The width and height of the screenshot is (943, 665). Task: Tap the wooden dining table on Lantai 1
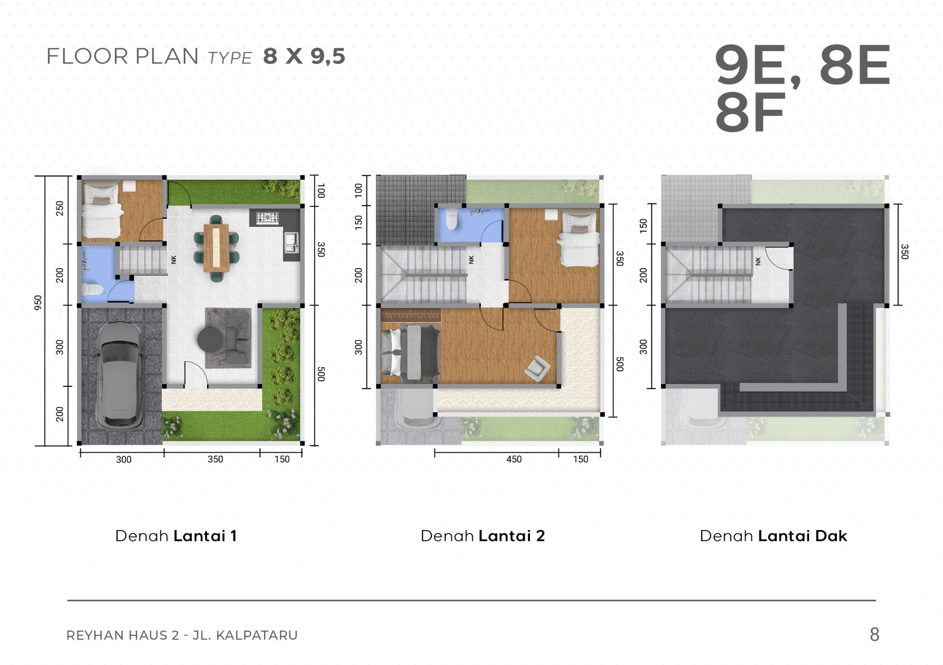216,248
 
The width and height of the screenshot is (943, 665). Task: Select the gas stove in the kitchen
267,217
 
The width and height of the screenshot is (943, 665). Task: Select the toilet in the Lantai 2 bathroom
452,218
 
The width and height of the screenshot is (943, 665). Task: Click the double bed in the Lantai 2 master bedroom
410,352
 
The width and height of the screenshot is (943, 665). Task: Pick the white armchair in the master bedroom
537,369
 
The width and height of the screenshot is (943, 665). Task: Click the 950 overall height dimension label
38,303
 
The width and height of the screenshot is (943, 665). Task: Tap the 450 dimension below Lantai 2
514,459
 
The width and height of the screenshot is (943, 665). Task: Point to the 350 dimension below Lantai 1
215,459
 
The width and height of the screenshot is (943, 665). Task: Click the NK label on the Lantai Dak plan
758,261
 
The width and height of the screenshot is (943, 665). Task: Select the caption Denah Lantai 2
483,536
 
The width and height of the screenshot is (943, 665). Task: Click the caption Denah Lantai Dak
774,536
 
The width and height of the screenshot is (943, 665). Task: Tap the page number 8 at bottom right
875,635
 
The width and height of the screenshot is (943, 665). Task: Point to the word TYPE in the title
230,58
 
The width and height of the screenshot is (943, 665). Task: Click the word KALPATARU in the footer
257,635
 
